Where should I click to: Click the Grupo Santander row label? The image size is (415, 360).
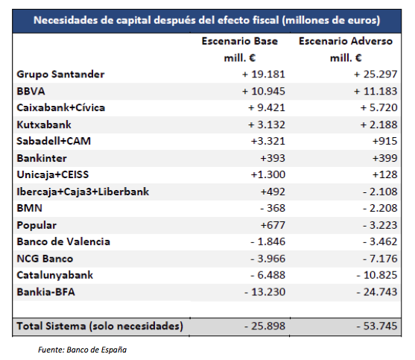[x=60, y=75]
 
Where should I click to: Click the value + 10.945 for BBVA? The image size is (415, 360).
[x=262, y=91]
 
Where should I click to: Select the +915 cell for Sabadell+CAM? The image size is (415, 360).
[x=384, y=141]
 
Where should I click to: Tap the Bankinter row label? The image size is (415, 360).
[x=42, y=158]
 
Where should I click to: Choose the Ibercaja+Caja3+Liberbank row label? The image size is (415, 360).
[x=83, y=192]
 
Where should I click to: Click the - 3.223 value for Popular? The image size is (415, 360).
[x=377, y=224]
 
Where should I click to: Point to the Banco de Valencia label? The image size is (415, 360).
[x=63, y=241]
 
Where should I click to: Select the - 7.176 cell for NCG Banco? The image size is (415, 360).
[x=377, y=258]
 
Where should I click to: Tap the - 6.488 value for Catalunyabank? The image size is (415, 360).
[x=266, y=274]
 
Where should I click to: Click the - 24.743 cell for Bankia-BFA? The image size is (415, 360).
[x=374, y=291]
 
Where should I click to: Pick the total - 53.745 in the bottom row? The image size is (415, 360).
[x=374, y=326]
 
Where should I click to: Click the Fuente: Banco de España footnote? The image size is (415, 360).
[x=89, y=349]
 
